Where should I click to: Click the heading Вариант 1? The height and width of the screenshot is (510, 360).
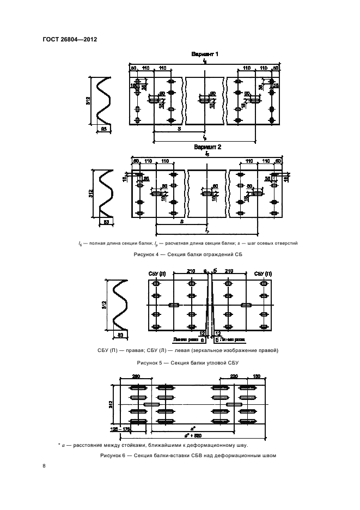click(x=205, y=54)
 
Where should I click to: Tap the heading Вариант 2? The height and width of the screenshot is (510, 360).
click(x=207, y=148)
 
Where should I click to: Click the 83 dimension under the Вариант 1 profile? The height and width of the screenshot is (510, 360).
click(x=103, y=129)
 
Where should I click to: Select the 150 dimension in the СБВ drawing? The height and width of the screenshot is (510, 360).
click(x=257, y=376)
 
